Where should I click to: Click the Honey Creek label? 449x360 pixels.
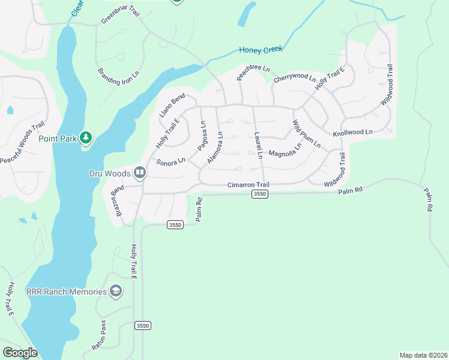pos(261,50)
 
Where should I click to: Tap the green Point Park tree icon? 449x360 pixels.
pos(86,139)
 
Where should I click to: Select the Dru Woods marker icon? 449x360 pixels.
pos(140,173)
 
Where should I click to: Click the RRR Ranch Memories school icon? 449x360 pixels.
pos(116,292)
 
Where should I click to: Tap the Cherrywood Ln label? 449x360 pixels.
pos(294,78)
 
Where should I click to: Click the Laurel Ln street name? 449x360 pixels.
pos(258,146)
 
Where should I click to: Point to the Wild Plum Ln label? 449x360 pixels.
pos(306,134)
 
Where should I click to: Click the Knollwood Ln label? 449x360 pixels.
pos(352,131)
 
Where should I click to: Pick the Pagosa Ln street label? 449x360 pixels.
pos(202,137)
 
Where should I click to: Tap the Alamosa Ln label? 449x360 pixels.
pos(215,148)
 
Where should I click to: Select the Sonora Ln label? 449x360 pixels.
pos(170,162)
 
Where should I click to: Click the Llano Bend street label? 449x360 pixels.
pos(172,105)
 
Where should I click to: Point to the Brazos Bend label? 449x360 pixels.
pos(116,201)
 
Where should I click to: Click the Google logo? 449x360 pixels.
pos(20,353)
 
